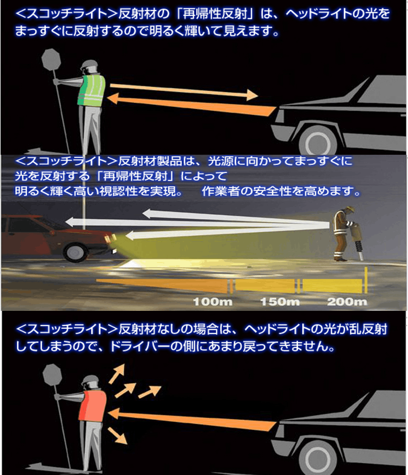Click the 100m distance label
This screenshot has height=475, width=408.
point(213,302)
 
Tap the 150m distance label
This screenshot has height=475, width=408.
point(280,302)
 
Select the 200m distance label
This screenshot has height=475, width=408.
point(347,302)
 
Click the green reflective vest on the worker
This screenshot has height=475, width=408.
point(92,90)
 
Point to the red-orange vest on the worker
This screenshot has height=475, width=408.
point(93,406)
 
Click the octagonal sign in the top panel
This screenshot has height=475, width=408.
point(51,59)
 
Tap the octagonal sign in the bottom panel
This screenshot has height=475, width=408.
point(52,374)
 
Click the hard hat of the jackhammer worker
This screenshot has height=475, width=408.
point(350,209)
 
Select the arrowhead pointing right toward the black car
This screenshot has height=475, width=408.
point(252,95)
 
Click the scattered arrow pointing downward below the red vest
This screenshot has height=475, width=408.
point(117,436)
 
